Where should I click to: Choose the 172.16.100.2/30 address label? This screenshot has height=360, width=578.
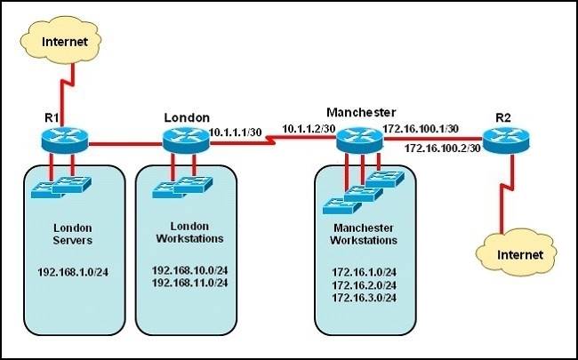point(442,148)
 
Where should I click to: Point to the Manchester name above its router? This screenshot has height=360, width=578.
point(360,112)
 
